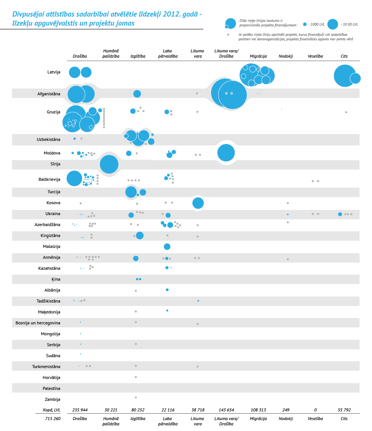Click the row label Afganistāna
(49, 93)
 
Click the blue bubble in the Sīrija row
(109, 164)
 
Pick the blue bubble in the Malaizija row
(167, 247)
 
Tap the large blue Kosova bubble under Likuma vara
(198, 203)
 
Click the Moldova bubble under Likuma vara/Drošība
(226, 153)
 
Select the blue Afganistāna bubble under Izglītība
(137, 94)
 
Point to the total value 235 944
(80, 410)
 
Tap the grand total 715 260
(50, 419)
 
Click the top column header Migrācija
(258, 56)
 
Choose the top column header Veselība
(315, 56)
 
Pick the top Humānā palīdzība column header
(111, 53)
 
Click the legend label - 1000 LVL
(316, 24)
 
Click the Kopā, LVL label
(52, 410)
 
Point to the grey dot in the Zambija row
(136, 397)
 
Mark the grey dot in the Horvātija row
(136, 377)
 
